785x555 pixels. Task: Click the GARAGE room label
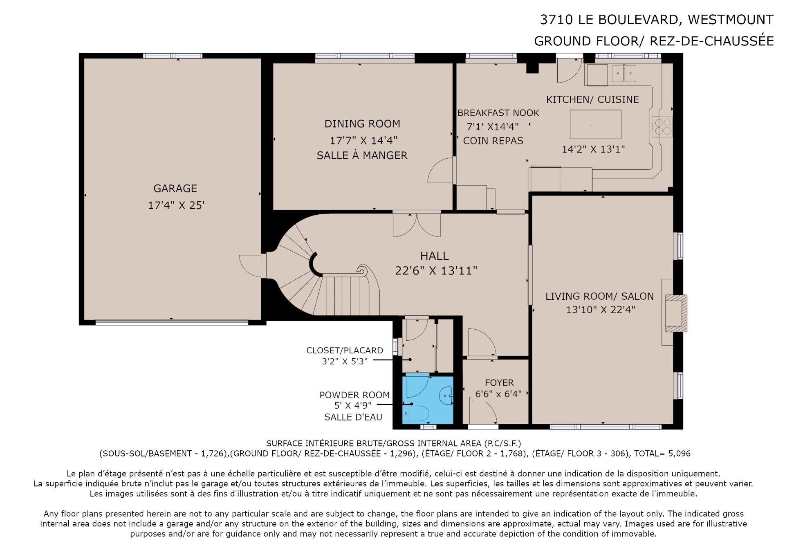tap(175, 188)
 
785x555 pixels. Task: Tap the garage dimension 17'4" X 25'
tap(176, 205)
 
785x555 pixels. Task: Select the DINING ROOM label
tap(362, 124)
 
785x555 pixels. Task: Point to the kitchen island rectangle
tap(596, 124)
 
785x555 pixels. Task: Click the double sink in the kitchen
tap(624, 74)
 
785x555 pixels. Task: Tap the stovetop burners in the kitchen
tap(662, 126)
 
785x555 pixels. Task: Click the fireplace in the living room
tap(676, 313)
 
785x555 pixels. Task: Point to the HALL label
tap(434, 256)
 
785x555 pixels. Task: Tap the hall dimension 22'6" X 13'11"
tap(436, 271)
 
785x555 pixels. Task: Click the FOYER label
tap(499, 383)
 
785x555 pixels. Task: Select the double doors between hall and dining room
tap(417, 224)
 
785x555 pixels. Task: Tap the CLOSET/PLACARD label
tap(345, 351)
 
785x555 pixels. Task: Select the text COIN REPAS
tap(493, 141)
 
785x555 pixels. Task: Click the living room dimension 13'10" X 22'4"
tap(601, 310)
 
